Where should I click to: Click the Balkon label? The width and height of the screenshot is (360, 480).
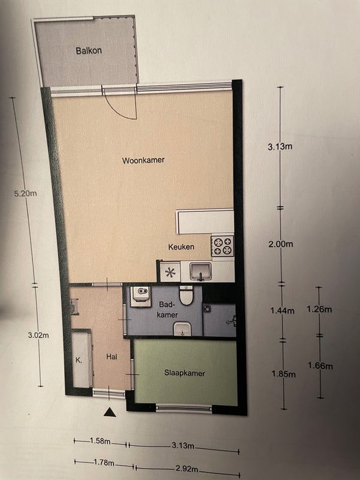tap(89, 50)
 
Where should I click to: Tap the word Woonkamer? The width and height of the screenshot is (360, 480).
tap(143, 160)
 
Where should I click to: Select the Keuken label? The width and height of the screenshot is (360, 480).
tap(181, 247)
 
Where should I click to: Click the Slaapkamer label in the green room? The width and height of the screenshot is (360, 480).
tap(185, 373)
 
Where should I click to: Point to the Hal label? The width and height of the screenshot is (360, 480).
tap(112, 356)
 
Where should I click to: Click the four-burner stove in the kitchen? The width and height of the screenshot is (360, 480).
tap(222, 246)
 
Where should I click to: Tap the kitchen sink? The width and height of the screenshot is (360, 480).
tap(200, 272)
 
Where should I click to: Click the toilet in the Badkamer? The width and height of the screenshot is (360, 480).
tap(186, 295)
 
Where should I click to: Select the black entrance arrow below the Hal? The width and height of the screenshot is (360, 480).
tap(110, 412)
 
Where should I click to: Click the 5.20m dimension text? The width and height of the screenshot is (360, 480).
tap(25, 193)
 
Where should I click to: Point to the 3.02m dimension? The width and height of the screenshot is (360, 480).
tap(38, 335)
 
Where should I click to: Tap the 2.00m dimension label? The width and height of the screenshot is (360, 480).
tap(281, 244)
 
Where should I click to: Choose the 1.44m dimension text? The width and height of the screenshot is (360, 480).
tap(282, 311)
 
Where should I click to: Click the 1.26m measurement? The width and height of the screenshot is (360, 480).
tap(319, 309)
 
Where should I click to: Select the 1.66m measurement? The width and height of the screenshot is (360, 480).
tap(320, 365)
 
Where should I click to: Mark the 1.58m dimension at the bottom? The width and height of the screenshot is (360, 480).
tap(100, 441)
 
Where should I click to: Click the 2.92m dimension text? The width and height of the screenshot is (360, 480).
tap(187, 469)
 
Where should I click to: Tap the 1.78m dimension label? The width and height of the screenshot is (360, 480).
tap(104, 463)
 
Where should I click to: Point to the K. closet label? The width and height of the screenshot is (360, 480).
tap(79, 360)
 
